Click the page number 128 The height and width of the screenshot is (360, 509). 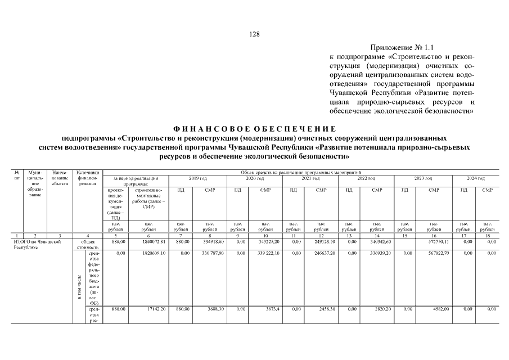(x=254, y=34)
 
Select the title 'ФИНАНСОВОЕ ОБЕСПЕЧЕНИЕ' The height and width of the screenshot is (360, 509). (x=254, y=129)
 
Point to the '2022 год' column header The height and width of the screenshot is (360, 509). (x=366, y=178)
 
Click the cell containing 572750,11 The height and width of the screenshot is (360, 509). (x=433, y=241)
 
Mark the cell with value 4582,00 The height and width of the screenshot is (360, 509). (x=433, y=309)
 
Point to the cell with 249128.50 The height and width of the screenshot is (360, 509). (x=321, y=241)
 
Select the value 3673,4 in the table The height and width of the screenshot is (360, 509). (x=265, y=309)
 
